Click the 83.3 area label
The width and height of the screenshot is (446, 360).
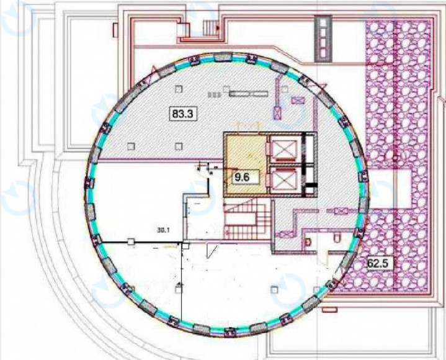182,114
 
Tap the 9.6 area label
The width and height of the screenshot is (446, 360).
242,178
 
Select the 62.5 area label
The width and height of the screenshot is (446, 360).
377,263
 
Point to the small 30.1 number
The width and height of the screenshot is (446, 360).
164,230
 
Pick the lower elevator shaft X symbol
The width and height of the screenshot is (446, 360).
285,181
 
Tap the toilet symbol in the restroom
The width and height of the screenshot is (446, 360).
337,238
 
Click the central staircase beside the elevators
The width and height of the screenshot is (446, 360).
246,219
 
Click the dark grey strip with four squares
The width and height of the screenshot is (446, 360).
323,38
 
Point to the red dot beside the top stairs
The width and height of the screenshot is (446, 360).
218,27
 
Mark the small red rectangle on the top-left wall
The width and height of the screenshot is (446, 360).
115,30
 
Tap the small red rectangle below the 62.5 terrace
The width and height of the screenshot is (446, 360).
330,310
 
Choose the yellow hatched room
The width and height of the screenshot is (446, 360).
245,166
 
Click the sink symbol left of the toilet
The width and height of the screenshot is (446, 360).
308,242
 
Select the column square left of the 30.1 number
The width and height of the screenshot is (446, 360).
130,242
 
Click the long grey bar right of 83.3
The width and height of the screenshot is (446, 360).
249,94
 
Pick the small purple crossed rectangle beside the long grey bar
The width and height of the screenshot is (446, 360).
298,101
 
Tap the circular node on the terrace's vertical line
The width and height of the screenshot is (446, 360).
395,158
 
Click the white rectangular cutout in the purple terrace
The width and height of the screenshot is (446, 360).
390,189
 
